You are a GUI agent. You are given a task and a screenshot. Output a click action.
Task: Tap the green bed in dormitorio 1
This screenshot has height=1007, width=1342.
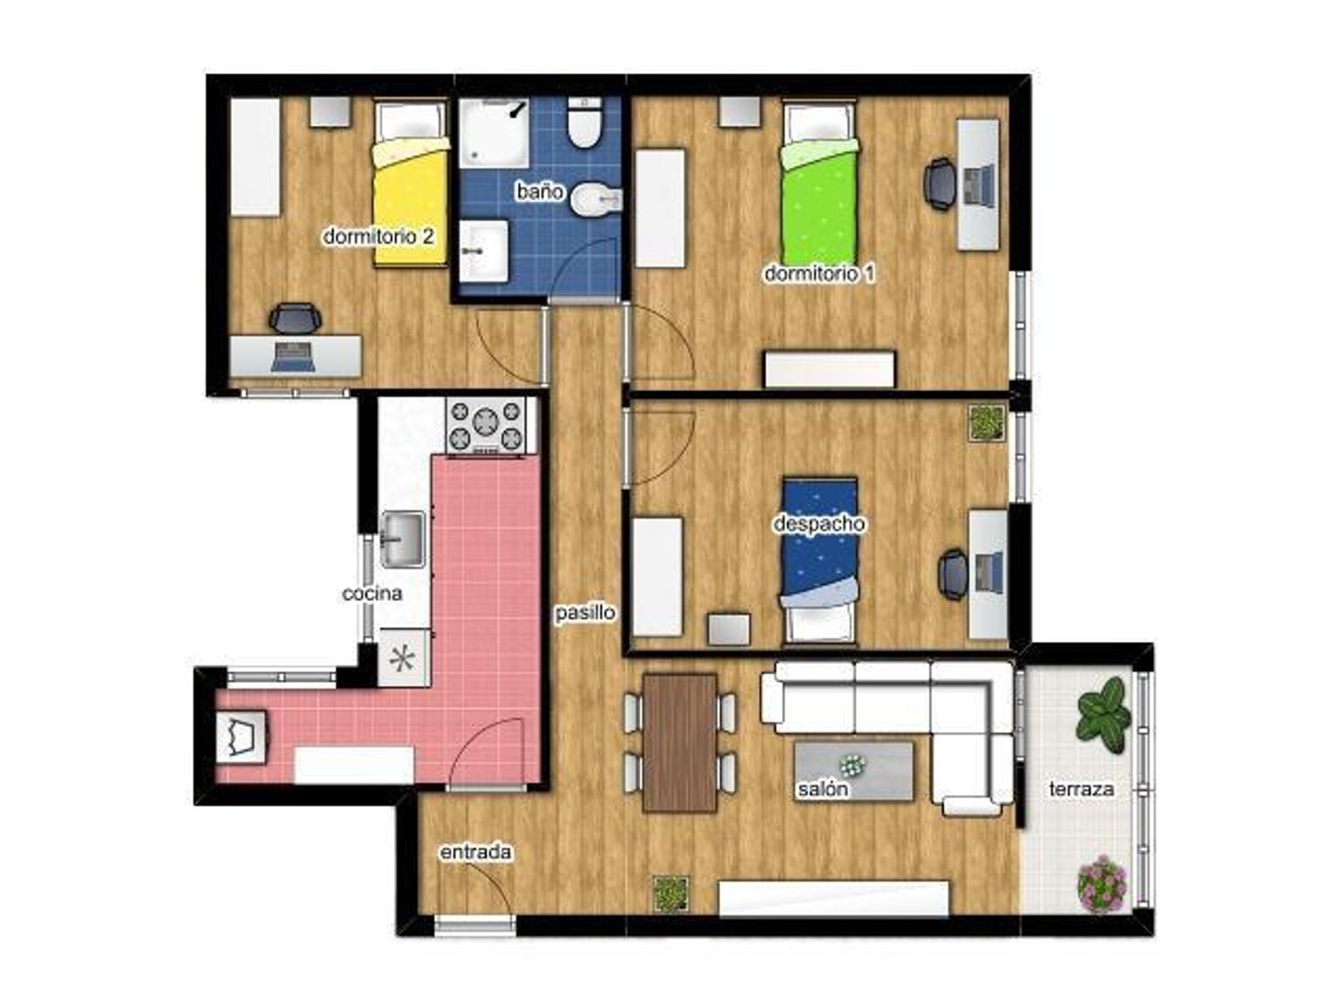[819, 183]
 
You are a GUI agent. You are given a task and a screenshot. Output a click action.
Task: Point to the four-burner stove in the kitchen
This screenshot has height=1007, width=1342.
[486, 425]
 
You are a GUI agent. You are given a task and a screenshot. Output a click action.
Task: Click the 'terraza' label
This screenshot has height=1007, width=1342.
[1081, 789]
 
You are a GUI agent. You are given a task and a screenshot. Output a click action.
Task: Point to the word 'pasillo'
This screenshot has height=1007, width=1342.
[585, 612]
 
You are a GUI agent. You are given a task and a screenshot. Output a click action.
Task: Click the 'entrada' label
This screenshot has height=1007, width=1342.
[475, 852]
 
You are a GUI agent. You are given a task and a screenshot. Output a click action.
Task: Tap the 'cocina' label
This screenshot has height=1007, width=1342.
[371, 593]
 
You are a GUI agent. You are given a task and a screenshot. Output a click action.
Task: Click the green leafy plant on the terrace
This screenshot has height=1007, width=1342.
[1103, 714]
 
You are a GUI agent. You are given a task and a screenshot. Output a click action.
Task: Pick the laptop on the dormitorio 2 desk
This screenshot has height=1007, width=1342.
[293, 357]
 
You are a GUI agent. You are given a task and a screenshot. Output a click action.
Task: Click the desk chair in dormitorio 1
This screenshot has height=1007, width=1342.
[939, 184]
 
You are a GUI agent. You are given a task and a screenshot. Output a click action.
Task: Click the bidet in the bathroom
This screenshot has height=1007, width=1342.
[597, 200]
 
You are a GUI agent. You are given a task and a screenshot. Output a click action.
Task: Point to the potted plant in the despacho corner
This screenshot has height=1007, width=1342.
[987, 422]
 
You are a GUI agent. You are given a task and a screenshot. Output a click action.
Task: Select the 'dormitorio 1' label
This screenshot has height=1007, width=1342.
[820, 273]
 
